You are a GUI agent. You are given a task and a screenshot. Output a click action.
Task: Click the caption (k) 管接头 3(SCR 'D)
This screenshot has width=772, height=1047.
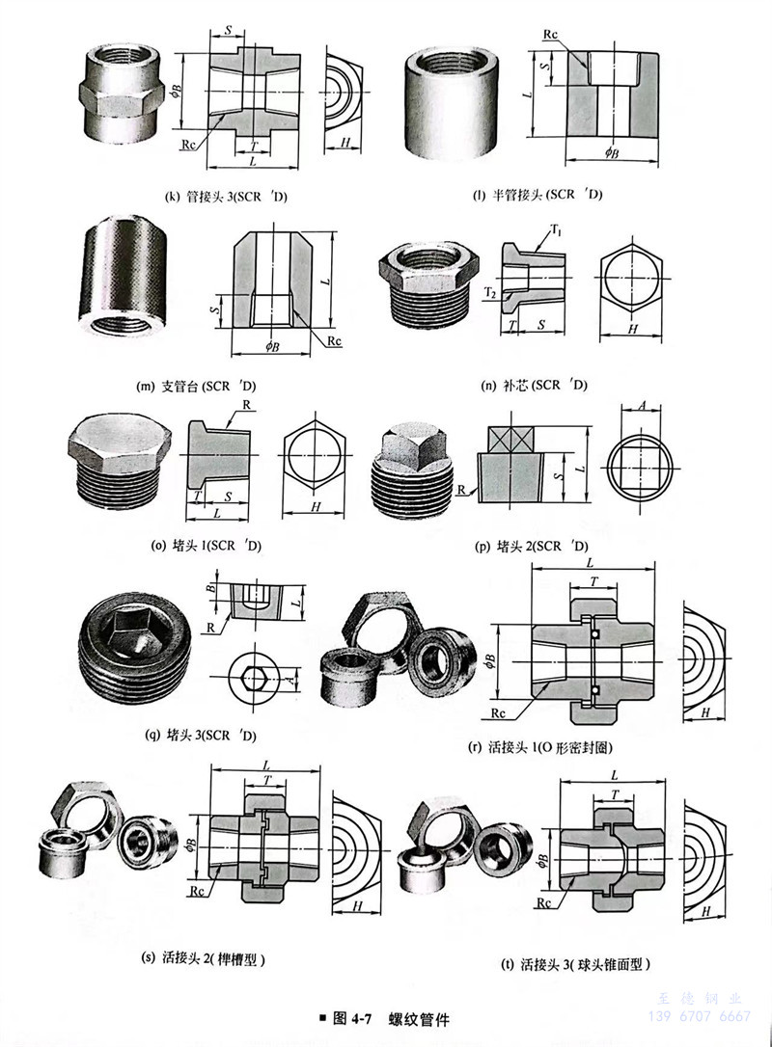pos(228,199)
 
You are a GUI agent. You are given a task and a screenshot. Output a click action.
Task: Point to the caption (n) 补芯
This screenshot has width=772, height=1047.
pos(534,386)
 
